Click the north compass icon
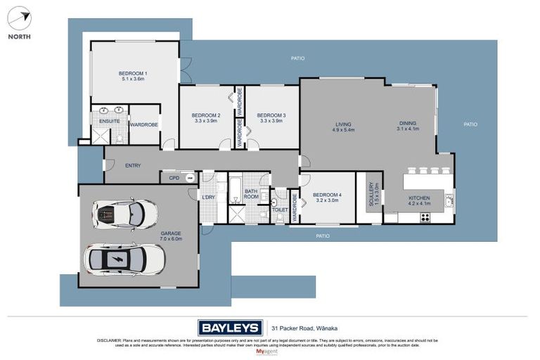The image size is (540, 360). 20,18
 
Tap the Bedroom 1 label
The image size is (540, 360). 132,76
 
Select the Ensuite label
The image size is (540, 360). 109,122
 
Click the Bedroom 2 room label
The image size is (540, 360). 206,118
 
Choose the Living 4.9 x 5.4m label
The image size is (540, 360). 344,127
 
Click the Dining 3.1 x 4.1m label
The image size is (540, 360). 408,126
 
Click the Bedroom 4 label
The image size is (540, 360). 326,197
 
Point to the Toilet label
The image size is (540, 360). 279,210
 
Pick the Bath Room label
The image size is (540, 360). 252,194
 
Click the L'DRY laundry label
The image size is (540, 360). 208,197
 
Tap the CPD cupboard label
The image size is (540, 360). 174,178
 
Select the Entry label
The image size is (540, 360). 133,166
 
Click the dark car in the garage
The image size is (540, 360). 124,214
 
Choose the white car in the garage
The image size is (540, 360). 124,260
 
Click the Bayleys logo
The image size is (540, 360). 230,327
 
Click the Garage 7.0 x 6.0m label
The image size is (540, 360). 171,236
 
